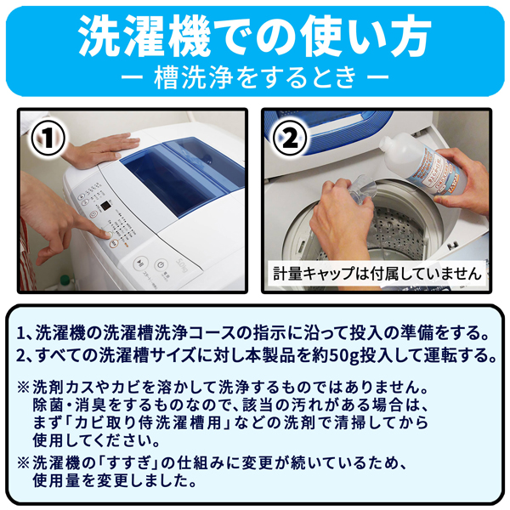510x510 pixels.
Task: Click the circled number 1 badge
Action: [48, 138]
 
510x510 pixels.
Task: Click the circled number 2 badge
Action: [290, 138]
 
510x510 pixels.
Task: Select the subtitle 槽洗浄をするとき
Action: [255, 77]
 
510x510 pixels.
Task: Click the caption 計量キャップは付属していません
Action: [377, 274]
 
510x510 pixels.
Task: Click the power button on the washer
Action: [160, 265]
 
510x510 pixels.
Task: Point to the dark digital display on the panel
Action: [105, 206]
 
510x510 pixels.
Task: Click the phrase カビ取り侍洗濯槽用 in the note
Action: [152, 422]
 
